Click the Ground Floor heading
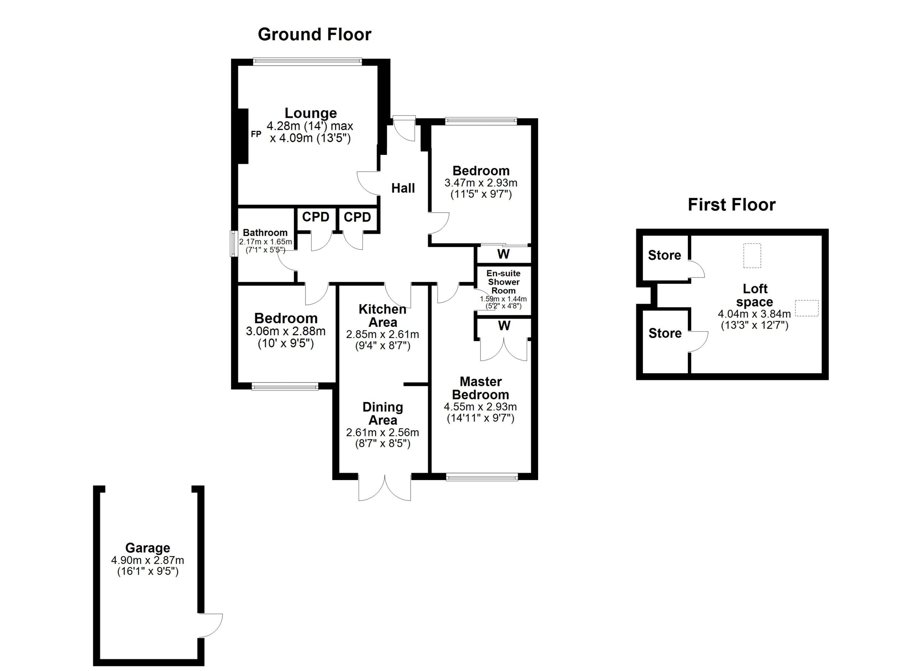pos(314,35)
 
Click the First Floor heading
pos(731,205)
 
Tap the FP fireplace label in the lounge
pos(256,134)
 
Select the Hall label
pos(403,188)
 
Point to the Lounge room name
pos(310,113)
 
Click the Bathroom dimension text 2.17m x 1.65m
pos(265,241)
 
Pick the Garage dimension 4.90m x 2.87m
pos(148,560)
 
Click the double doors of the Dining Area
pos(385,487)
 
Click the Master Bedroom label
pos(480,388)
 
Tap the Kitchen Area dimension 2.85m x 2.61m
pos(382,334)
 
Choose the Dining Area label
pos(382,413)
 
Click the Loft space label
pos(755,295)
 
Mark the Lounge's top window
pos(307,61)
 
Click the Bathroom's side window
pos(234,244)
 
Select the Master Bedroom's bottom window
pos(482,477)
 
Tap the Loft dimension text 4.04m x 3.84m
pos(755,314)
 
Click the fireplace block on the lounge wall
pos(243,136)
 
